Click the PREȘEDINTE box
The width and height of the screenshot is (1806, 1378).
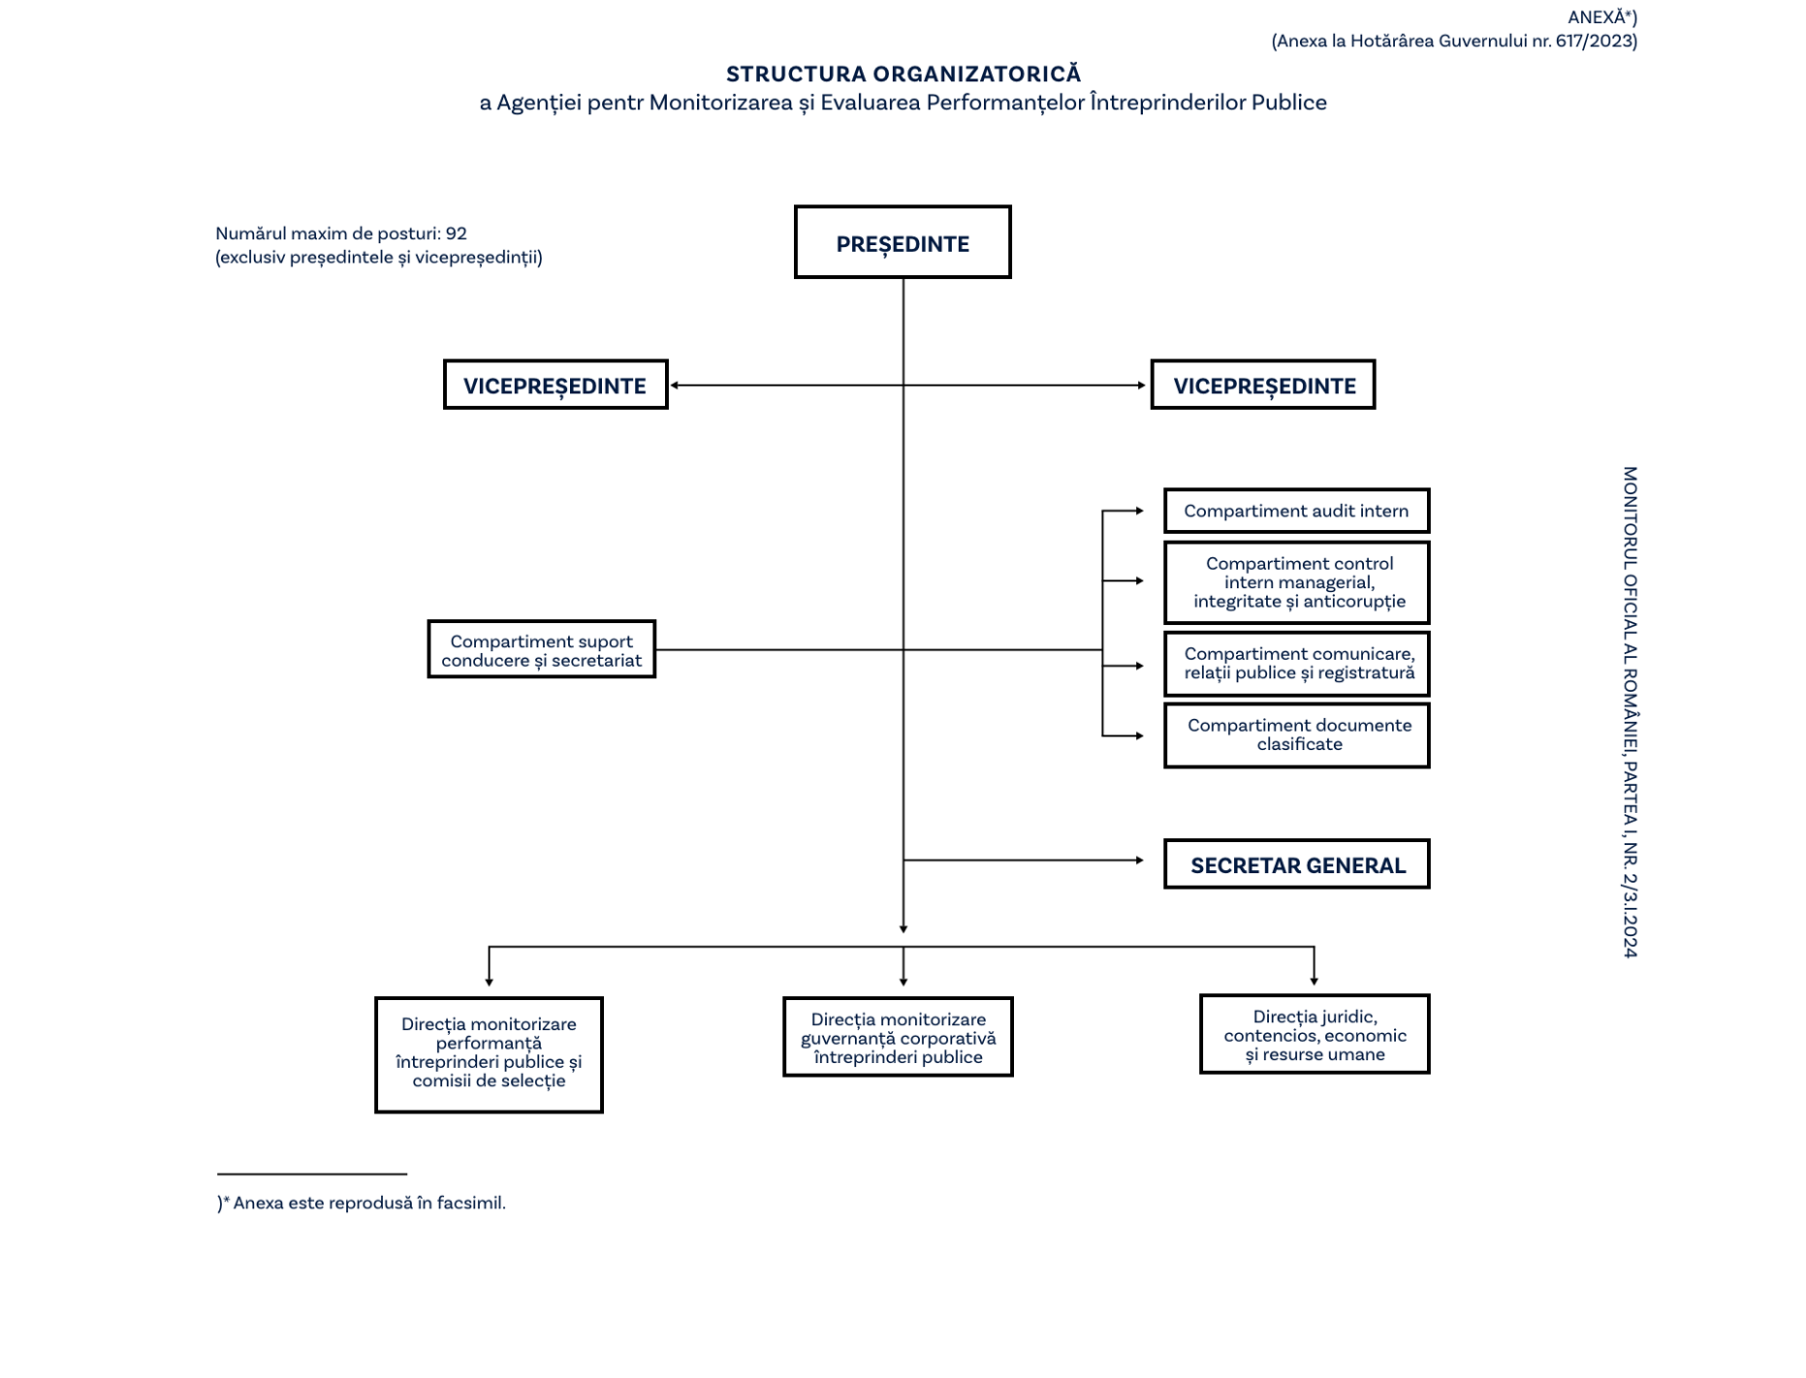[902, 242]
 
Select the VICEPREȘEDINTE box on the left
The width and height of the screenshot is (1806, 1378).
[554, 385]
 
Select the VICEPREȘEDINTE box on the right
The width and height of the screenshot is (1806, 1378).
[1262, 385]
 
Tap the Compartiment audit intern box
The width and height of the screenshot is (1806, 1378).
[1296, 511]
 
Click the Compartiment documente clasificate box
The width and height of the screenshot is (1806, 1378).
[1296, 736]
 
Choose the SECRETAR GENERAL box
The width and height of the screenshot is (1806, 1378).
[1296, 864]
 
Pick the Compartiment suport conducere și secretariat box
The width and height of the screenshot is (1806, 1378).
[541, 649]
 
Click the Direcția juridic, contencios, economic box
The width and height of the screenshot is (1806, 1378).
[1314, 1034]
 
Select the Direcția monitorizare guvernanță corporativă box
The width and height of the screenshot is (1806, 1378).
[898, 1037]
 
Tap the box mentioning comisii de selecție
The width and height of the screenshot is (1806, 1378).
[489, 1054]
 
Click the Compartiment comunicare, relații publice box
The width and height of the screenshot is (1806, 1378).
[1296, 664]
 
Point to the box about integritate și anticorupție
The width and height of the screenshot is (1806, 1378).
[1296, 582]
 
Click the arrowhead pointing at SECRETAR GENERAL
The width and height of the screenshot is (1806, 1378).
[1140, 860]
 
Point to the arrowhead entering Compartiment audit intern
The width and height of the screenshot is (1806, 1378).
[1140, 511]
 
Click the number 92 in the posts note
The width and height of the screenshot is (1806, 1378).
[456, 234]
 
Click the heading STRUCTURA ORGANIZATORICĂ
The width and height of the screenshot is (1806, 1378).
[903, 74]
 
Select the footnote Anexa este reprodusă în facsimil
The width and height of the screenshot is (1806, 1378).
[368, 1203]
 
